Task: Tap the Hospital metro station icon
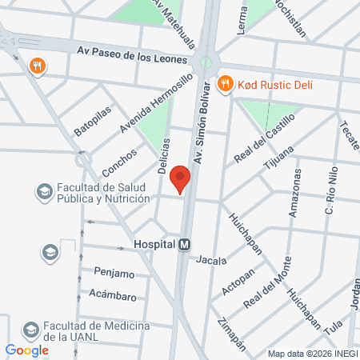pyautogui.click(x=185, y=246)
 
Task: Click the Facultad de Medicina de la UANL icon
pyautogui.click(x=30, y=330)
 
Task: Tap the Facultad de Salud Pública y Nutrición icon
pyautogui.click(x=43, y=192)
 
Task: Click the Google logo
pyautogui.click(x=27, y=350)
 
